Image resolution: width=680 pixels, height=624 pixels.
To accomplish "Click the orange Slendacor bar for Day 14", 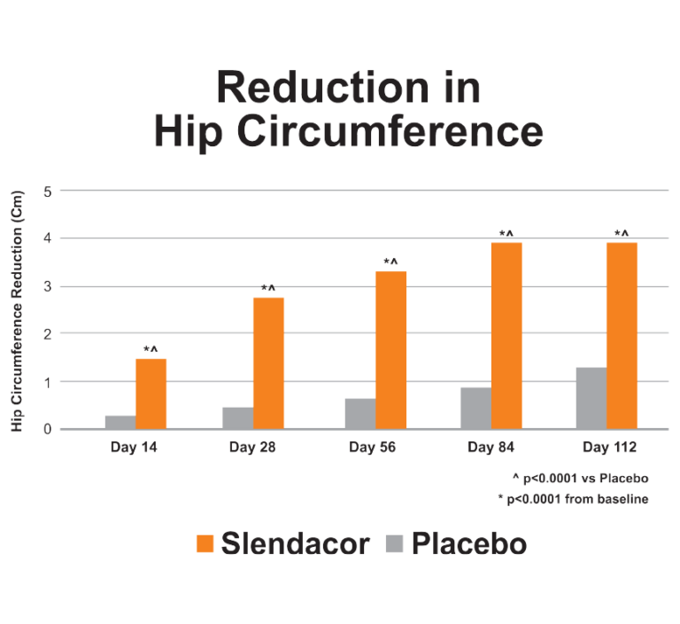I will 151,394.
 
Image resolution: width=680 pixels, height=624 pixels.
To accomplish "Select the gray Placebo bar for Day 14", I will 120,422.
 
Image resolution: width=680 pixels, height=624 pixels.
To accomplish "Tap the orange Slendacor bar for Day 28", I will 268,363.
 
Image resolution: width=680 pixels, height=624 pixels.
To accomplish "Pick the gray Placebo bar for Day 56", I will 360,413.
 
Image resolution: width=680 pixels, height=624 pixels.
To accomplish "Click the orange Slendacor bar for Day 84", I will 506,336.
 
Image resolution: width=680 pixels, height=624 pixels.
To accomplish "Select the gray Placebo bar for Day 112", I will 591,398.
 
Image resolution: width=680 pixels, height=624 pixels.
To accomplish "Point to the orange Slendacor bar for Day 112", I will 622,336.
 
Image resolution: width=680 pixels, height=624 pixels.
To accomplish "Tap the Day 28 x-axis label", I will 252,447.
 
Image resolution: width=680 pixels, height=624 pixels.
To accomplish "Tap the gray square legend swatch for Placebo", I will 394,543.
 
